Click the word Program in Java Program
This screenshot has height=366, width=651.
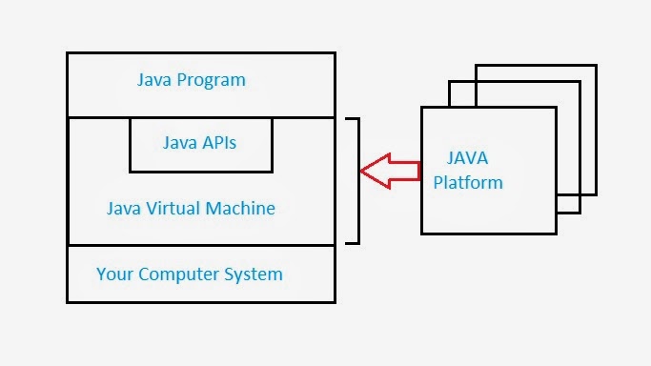[x=213, y=80]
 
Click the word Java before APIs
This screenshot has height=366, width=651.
[x=181, y=145]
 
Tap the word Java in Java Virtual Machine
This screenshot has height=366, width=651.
[x=126, y=208]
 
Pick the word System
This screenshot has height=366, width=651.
[x=257, y=274]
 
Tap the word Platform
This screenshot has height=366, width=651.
[x=468, y=182]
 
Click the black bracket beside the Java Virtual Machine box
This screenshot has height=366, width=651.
[x=357, y=181]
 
